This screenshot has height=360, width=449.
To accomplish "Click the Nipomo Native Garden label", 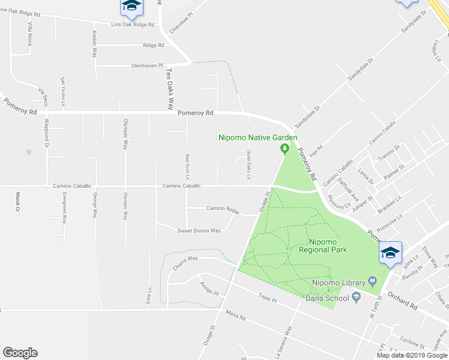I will coord(258,138).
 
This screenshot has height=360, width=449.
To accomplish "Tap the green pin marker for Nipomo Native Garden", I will coord(286,149).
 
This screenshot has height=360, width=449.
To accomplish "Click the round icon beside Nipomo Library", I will coord(372,280).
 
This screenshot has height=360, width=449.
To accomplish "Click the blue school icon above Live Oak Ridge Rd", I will coord(130,7).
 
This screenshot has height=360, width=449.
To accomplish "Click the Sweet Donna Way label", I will coord(199,230).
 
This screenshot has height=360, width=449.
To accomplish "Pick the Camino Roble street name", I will coord(223,209).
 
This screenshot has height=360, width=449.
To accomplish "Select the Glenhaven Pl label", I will coord(147,65).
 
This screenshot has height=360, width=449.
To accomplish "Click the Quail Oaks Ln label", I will coord(248,163).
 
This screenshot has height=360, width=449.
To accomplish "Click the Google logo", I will coord(20,353).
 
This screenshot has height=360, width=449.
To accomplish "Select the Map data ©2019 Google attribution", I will coord(411,355).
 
